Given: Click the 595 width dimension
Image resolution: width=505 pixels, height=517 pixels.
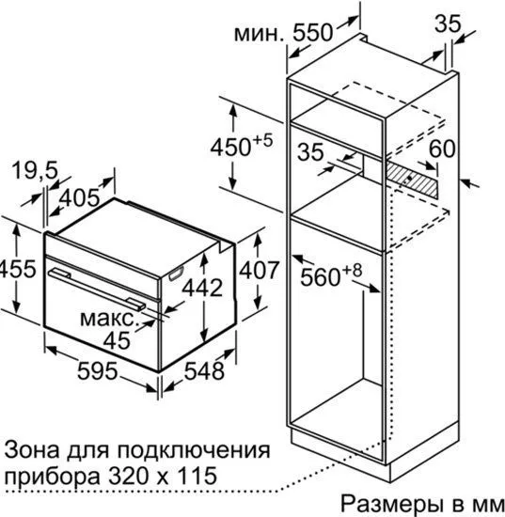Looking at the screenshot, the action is [x=97, y=370].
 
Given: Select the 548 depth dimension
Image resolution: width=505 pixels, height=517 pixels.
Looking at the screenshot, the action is [x=204, y=370].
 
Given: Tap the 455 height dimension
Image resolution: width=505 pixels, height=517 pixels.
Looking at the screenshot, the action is [x=17, y=269].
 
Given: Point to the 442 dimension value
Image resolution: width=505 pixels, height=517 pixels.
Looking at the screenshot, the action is [x=202, y=288].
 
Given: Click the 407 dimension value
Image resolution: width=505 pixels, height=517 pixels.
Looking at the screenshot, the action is [x=260, y=270].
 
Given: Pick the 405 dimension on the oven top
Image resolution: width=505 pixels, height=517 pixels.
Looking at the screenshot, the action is [x=79, y=197].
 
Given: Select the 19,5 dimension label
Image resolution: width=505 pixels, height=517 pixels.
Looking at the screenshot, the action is [x=35, y=170].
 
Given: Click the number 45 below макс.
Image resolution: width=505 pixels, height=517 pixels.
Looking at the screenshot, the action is [x=117, y=340].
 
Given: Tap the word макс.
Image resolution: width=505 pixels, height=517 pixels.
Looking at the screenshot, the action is [x=108, y=319].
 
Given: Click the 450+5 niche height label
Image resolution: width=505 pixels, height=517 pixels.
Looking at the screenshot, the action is [x=242, y=145].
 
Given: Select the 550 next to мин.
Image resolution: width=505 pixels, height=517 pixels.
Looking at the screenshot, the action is [x=313, y=33].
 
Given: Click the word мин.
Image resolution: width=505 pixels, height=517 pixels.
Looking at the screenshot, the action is [x=259, y=34].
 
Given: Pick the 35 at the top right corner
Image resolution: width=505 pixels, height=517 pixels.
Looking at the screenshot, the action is [x=448, y=23].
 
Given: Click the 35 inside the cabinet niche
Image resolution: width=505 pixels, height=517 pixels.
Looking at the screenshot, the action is [x=310, y=151].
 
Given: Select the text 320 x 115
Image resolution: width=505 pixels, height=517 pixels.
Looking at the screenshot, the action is [x=163, y=475].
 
